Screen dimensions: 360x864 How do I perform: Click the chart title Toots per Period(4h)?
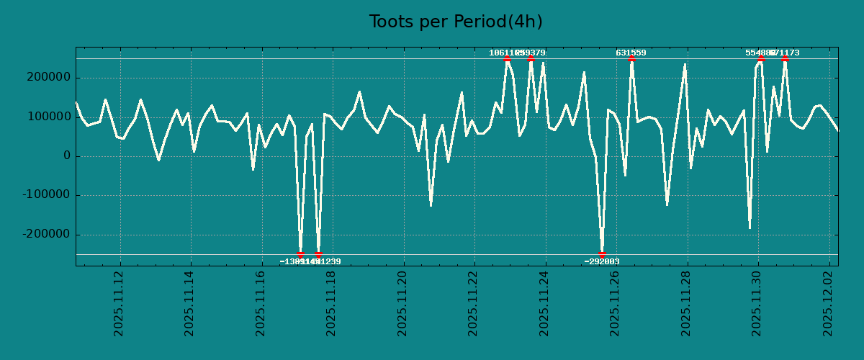coord(456,22)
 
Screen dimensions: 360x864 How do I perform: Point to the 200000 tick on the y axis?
coord(47,78)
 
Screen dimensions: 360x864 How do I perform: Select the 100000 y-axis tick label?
coord(47,117)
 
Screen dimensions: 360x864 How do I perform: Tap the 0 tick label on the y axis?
coord(66,156)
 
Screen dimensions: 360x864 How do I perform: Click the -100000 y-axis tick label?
coord(44,195)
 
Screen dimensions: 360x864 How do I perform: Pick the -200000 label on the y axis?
coord(44,235)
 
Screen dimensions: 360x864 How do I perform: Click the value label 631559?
coord(631,53)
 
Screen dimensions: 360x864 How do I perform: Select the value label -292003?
coord(602,261)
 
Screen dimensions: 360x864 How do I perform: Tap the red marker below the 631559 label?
coord(631,59)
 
